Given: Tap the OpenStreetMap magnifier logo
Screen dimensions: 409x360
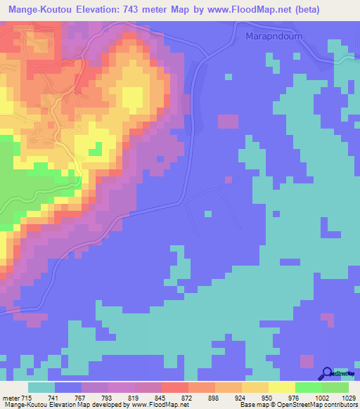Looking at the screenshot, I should (x=327, y=374).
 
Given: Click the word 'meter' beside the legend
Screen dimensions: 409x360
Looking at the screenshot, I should (x=11, y=397).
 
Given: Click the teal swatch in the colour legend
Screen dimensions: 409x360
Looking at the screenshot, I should (x=41, y=387).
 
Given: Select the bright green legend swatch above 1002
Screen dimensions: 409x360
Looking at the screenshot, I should (x=309, y=387).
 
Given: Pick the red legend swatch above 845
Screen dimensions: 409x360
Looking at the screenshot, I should (x=175, y=387).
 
